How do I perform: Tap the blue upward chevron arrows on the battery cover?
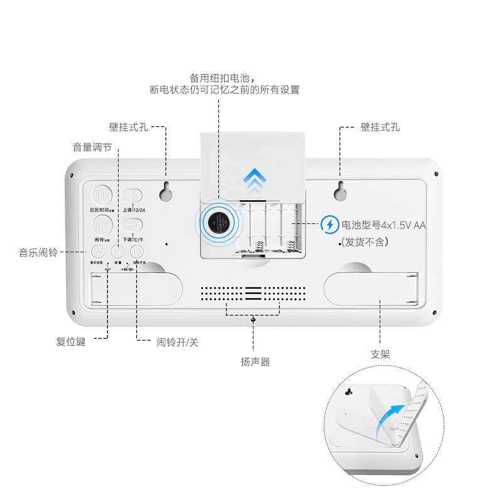tap(255, 179)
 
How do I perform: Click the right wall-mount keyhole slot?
tap(340, 191)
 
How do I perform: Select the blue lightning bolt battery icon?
tap(329, 224)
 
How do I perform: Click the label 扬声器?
tap(255, 361)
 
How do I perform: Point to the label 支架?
tap(380, 355)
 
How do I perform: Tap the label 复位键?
tap(71, 343)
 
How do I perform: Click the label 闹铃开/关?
tap(178, 343)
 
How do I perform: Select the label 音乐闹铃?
tap(38, 252)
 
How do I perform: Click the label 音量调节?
tap(92, 147)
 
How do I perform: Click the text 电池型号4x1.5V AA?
tap(383, 224)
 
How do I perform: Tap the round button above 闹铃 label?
tap(102, 225)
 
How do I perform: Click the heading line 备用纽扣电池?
tap(224, 78)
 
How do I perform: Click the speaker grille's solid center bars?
tap(254, 292)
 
